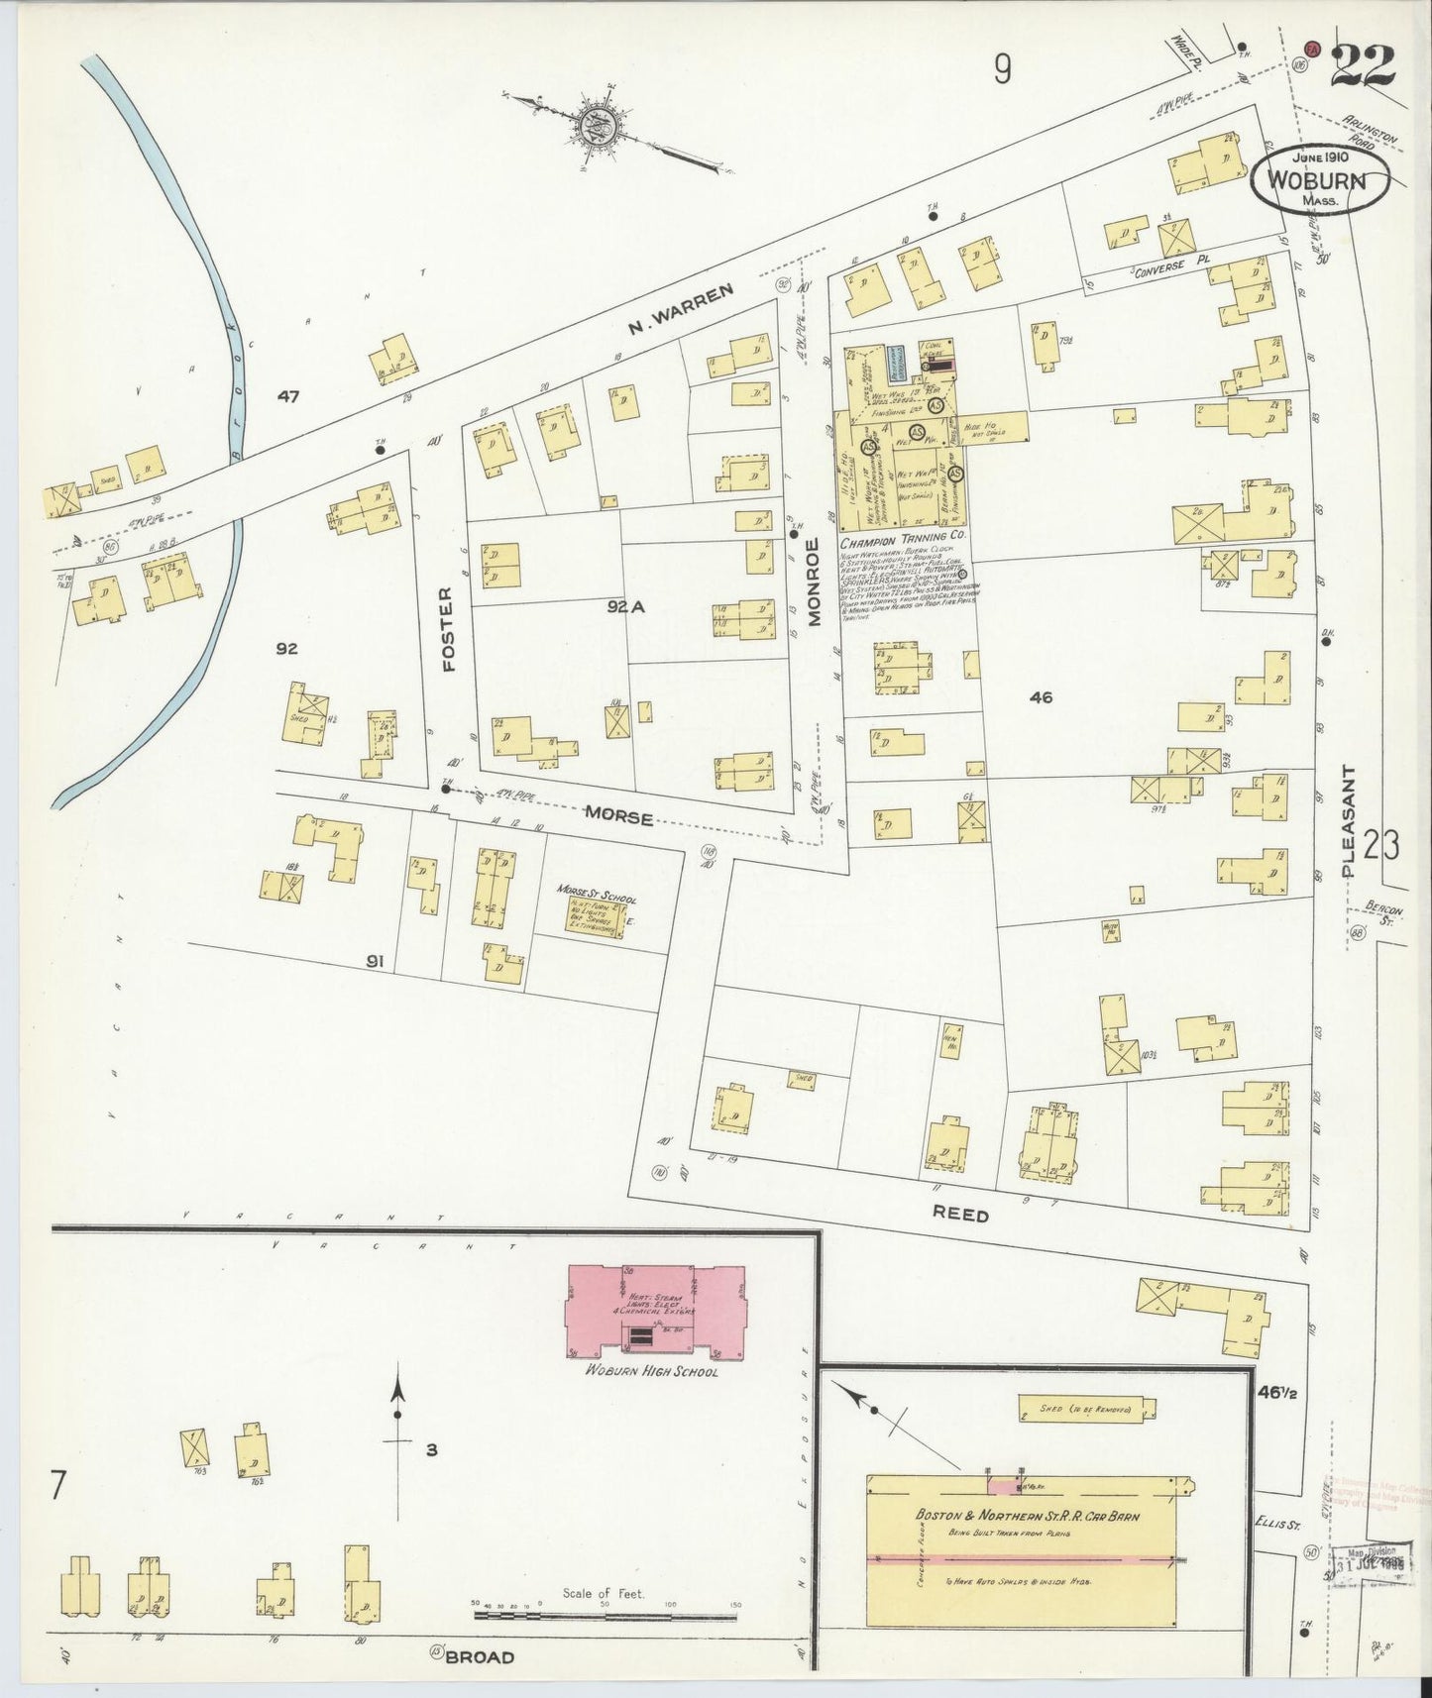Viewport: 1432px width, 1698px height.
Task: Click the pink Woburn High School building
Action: (x=654, y=1310)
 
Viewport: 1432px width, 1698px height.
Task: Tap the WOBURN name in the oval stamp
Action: (x=1320, y=182)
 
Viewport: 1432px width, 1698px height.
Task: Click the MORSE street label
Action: (x=618, y=817)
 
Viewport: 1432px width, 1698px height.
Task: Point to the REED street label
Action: (x=961, y=1215)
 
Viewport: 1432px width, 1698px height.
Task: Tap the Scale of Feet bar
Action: (x=605, y=1615)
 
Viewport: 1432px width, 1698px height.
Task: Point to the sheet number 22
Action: (x=1362, y=67)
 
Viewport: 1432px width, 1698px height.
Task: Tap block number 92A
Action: (x=626, y=607)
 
